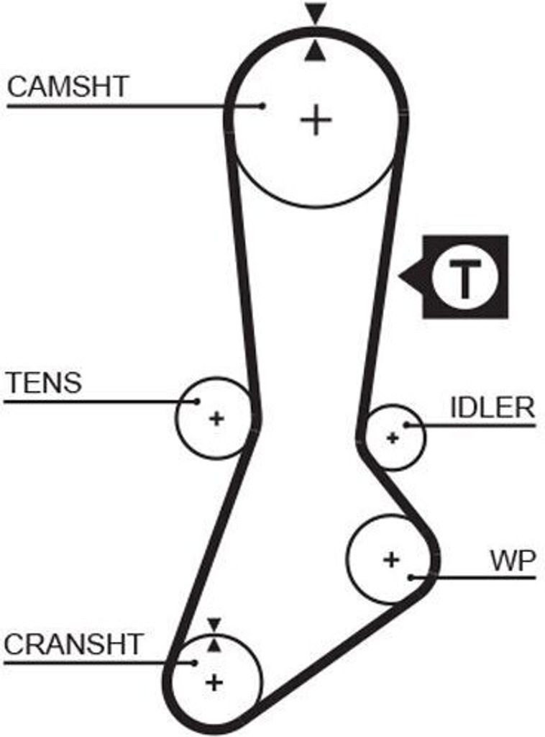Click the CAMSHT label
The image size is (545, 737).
click(68, 86)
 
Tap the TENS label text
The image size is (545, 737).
click(44, 382)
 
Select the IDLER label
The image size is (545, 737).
click(492, 408)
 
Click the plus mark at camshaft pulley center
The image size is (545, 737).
click(315, 119)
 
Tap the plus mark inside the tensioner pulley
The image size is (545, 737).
click(216, 418)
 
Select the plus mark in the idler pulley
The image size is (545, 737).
click(392, 437)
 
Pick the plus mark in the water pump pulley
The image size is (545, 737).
click(390, 559)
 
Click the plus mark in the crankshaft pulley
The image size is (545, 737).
click(214, 681)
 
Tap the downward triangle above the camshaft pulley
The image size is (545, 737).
click(315, 13)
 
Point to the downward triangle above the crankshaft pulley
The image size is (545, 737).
click(214, 624)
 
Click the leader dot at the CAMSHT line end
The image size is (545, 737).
click(263, 106)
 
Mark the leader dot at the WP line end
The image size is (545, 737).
click(410, 577)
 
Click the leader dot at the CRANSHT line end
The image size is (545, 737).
click(195, 662)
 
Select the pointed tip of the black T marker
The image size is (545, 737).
click(400, 276)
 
